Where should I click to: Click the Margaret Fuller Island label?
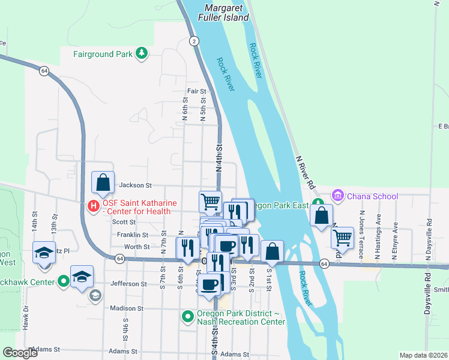[x=226, y=13]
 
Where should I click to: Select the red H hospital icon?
[x=93, y=206]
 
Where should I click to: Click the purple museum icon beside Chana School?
[x=337, y=196]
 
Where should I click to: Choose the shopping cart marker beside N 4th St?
[x=211, y=201]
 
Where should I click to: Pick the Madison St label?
[x=127, y=308]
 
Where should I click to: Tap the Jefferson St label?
[x=128, y=283]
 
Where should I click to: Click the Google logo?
[x=20, y=353]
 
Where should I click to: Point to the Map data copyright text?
[x=423, y=355]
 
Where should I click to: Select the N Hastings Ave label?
[x=378, y=228]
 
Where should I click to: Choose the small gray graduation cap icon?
[x=95, y=295]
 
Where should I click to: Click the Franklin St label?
[x=133, y=235]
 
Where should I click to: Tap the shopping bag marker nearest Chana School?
[x=322, y=215]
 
